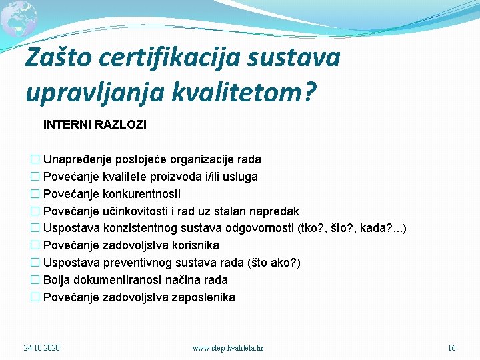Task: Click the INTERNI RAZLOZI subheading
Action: (x=95, y=125)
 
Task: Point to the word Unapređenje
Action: (x=77, y=159)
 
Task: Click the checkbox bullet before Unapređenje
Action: (x=35, y=159)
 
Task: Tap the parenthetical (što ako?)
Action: (x=274, y=263)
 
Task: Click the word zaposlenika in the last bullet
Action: (x=203, y=298)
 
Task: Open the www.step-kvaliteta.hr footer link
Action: (x=227, y=348)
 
